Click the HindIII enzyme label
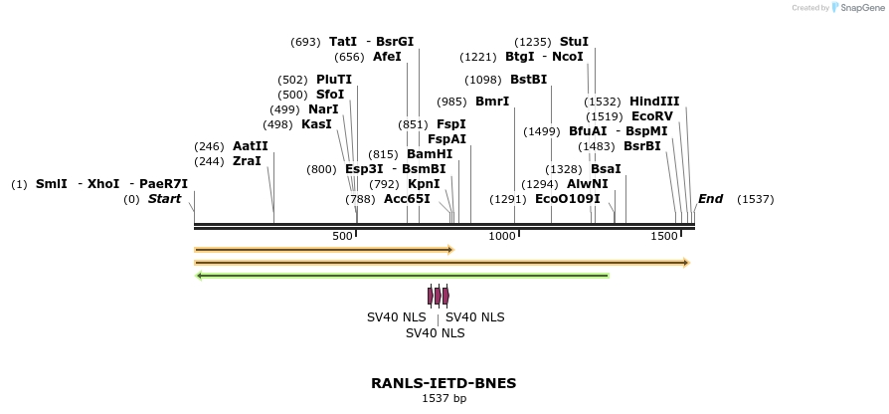654,102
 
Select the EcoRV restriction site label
652,116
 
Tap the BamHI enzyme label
430,154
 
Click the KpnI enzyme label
424,184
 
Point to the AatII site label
251,146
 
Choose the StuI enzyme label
574,42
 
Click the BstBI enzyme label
528,80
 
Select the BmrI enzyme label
492,102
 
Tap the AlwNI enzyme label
587,184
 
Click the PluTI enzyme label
334,80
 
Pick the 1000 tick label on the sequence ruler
502,236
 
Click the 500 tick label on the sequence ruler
342,236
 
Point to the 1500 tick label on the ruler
663,236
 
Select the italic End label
710,199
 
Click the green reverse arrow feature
403,276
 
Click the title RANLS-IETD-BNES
444,383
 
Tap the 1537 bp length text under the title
444,399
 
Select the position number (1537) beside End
755,199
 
